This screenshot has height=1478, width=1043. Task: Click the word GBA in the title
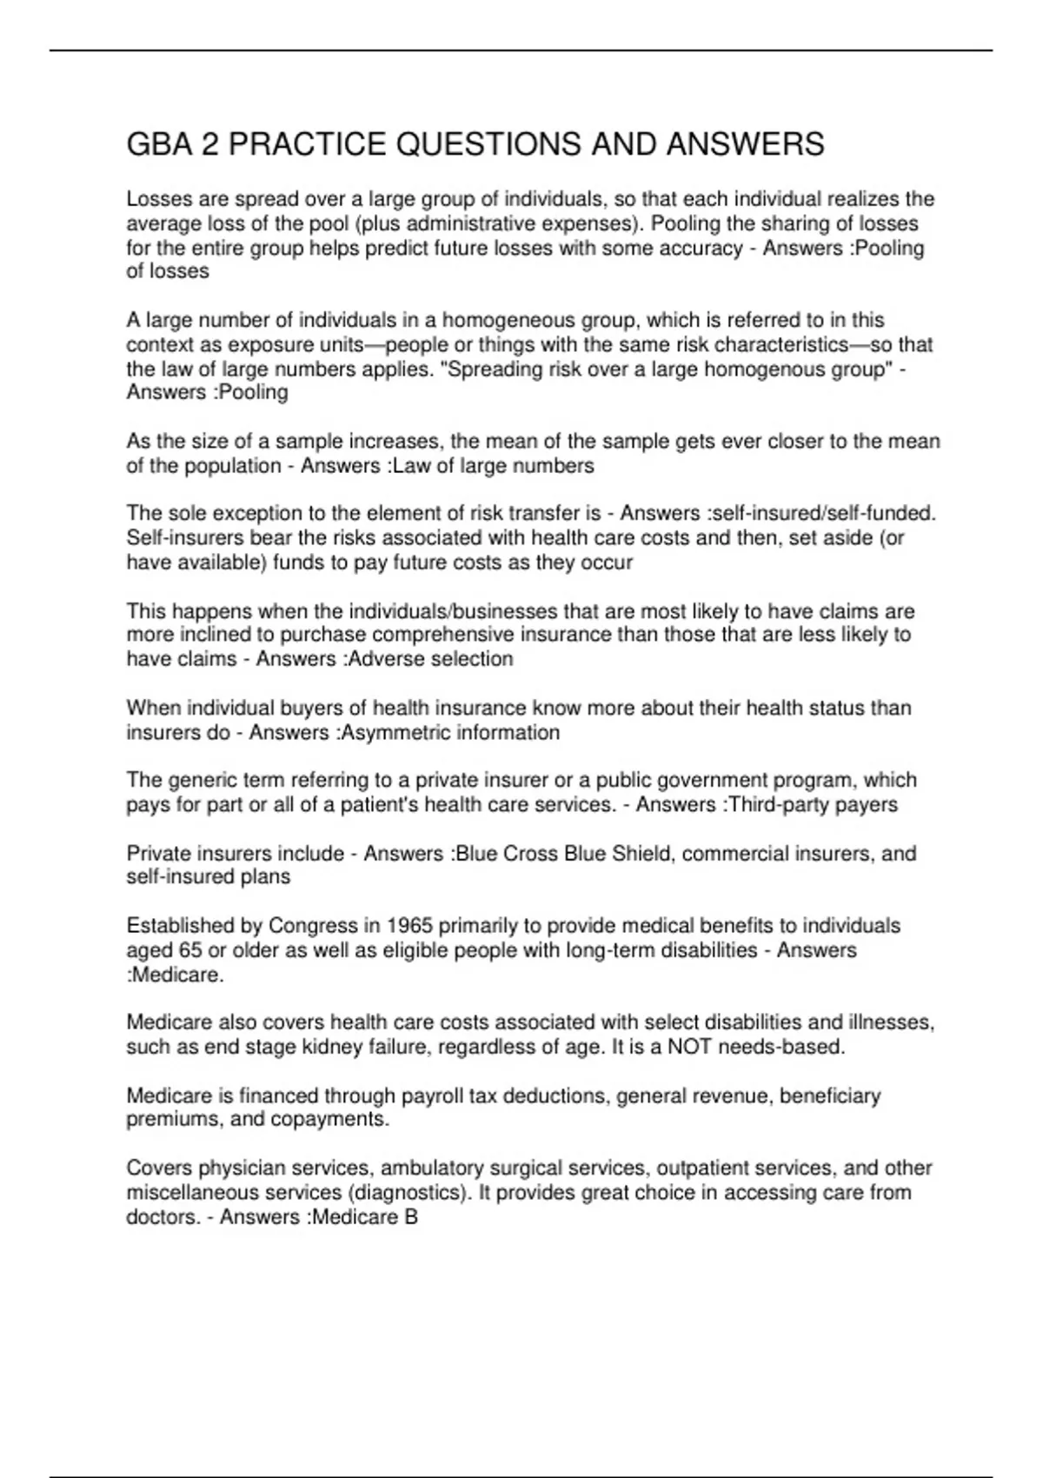pos(159,144)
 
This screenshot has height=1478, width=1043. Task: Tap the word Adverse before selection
pos(379,659)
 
